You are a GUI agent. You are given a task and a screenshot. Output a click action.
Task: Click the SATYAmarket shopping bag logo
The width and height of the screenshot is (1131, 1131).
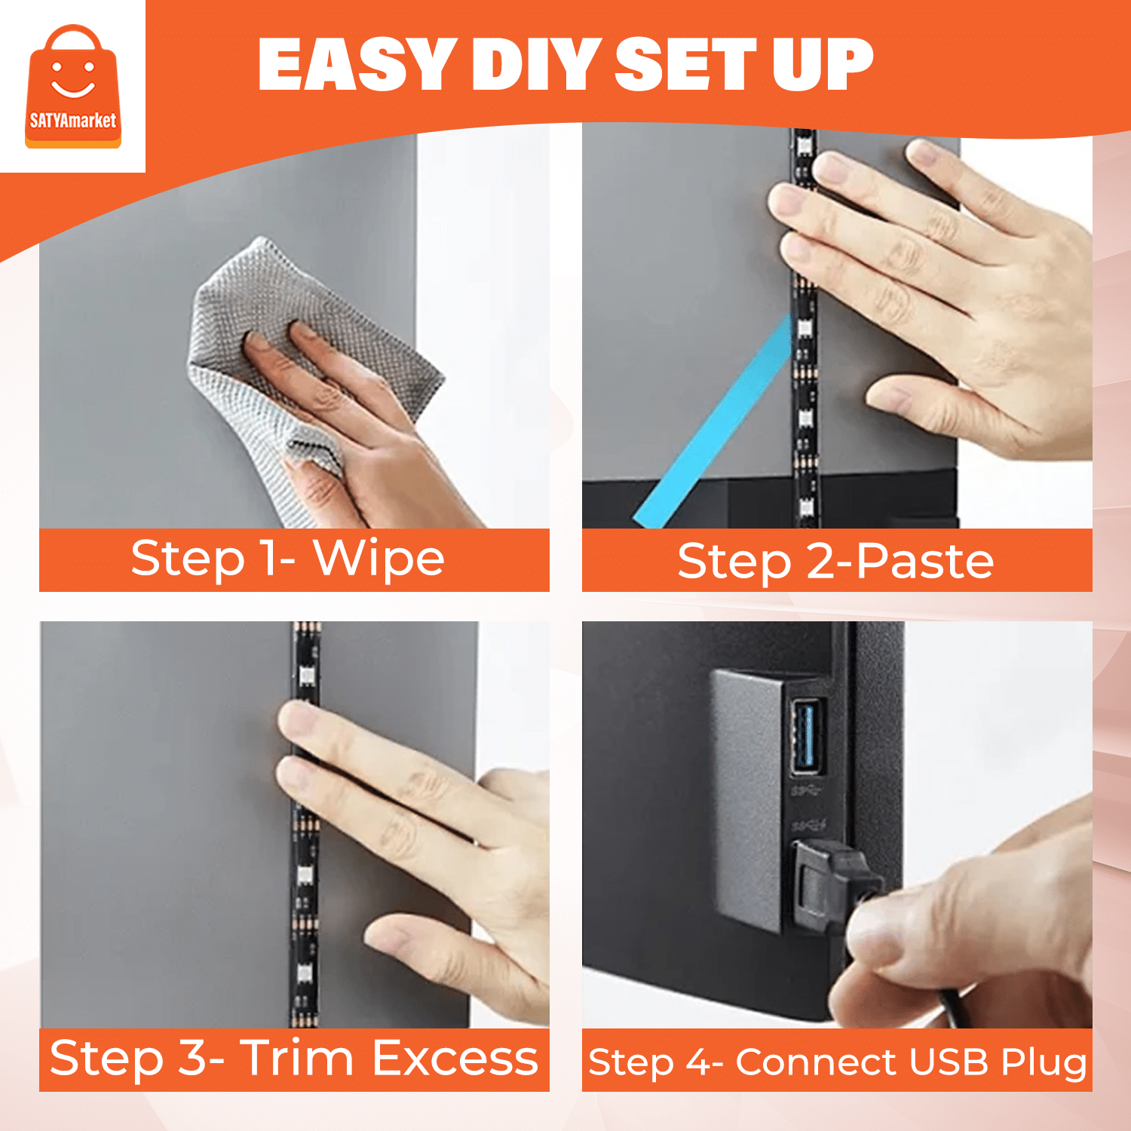click(73, 86)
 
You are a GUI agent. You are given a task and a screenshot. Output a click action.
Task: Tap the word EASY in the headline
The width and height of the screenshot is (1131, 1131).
click(357, 65)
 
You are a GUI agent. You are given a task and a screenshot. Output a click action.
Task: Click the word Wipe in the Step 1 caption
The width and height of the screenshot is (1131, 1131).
click(379, 559)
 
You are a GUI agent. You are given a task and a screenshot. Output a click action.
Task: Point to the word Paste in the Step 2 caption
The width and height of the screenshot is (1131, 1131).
click(926, 561)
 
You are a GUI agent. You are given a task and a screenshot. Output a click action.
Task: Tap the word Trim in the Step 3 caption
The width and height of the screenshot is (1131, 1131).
click(297, 1057)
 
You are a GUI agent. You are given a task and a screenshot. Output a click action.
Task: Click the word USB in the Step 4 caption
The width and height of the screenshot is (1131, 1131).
click(949, 1062)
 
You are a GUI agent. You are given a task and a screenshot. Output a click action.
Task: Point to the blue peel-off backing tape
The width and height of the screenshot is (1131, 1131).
click(713, 422)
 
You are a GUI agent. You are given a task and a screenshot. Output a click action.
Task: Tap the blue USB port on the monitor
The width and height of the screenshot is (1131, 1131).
click(808, 737)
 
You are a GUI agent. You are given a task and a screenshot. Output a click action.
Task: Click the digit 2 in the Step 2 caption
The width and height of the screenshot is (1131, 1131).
click(819, 562)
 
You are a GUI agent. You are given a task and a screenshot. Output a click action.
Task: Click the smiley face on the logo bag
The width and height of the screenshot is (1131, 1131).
click(73, 80)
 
